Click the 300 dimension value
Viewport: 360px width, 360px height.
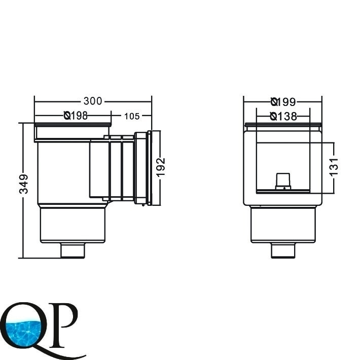pos(92,101)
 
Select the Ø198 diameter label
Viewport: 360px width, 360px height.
pos(76,116)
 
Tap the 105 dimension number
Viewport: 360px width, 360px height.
pos(132,116)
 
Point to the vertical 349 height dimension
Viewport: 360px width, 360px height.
pos(24,184)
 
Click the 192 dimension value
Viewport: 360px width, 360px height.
pos(161,167)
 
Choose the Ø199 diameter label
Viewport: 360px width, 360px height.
pos(283,102)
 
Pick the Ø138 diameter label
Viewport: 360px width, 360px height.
pos(283,117)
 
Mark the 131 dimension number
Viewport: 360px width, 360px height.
pos(334,167)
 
